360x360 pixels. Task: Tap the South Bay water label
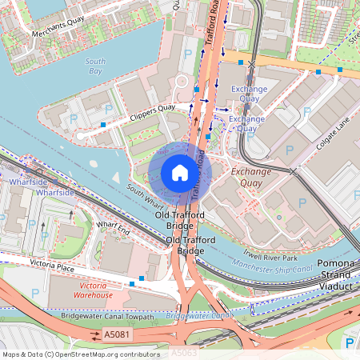pos(95,66)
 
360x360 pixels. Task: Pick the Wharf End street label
pos(113,230)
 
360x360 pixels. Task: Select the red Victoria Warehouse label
pos(94,290)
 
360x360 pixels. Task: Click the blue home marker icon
pos(180,173)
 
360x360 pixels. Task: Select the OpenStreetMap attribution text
pos(80,354)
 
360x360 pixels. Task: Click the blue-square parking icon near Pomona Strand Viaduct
pos(350,342)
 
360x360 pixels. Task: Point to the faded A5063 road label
pos(183,352)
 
